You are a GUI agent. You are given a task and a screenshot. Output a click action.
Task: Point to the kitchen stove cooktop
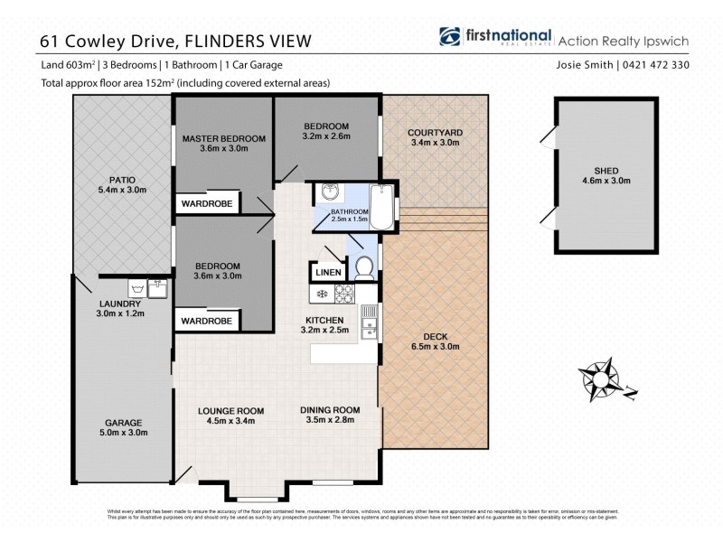345,294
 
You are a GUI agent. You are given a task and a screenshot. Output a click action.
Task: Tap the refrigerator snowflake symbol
320,294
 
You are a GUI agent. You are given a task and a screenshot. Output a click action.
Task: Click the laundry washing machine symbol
139,289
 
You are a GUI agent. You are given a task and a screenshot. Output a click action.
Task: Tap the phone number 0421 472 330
667,65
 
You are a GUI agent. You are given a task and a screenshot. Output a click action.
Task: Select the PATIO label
122,179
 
